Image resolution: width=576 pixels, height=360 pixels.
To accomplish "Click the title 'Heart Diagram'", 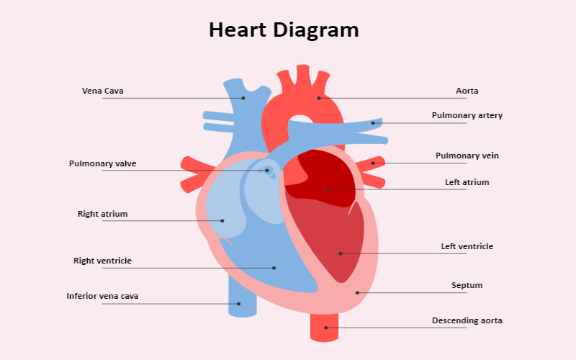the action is pyautogui.click(x=284, y=30).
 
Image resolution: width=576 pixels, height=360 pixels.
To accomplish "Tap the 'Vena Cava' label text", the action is pyautogui.click(x=102, y=91).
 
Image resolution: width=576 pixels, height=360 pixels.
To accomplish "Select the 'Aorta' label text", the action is pyautogui.click(x=467, y=91).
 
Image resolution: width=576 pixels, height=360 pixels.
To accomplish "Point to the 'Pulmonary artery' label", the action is pyautogui.click(x=467, y=115).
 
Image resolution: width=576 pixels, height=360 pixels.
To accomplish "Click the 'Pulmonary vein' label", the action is pyautogui.click(x=467, y=156).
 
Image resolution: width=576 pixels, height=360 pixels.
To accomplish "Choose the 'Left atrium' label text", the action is pyautogui.click(x=467, y=182).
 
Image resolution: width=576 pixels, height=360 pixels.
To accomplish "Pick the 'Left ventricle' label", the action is pyautogui.click(x=467, y=246).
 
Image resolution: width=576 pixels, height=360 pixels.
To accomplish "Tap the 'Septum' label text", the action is pyautogui.click(x=467, y=285).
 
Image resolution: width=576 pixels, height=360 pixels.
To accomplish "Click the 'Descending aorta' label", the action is pyautogui.click(x=467, y=320).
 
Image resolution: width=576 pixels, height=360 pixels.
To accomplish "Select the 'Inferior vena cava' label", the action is pyautogui.click(x=102, y=296).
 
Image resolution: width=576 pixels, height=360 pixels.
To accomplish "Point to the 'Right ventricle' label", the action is pyautogui.click(x=102, y=261).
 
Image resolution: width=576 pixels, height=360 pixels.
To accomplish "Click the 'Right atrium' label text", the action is pyautogui.click(x=102, y=214).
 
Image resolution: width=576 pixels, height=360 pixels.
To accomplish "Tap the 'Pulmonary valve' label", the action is pyautogui.click(x=102, y=164).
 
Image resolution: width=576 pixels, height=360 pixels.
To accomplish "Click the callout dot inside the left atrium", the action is pyautogui.click(x=328, y=189).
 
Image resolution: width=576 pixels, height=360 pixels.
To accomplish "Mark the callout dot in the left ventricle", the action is pyautogui.click(x=341, y=253).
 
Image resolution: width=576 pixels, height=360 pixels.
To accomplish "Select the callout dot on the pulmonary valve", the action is pyautogui.click(x=267, y=171).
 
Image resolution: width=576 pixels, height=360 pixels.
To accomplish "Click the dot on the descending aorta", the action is pyautogui.click(x=326, y=328).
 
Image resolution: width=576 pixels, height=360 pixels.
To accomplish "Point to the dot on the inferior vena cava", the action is pyautogui.click(x=238, y=304).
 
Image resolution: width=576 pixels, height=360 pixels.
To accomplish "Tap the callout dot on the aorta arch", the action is pyautogui.click(x=319, y=98).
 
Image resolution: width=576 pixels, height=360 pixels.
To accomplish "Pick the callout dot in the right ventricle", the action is pyautogui.click(x=274, y=268).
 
